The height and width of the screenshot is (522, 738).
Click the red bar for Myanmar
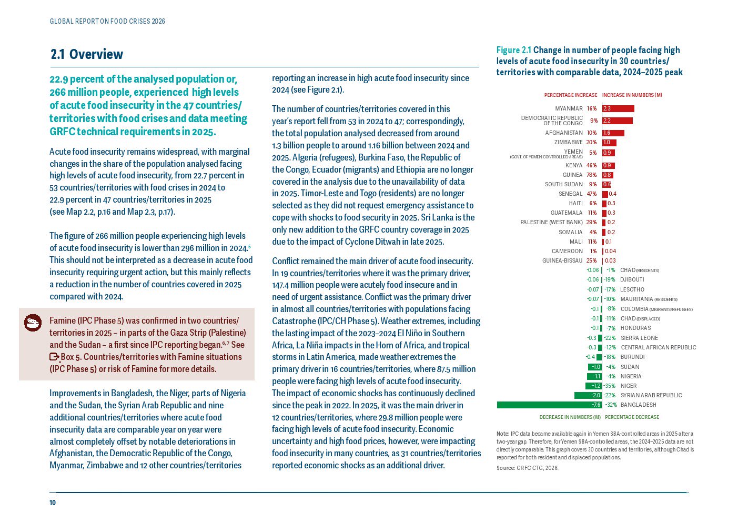pos(618,108)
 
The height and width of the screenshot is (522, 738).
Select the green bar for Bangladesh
pos(549,405)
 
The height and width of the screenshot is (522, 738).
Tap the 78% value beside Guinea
pos(591,175)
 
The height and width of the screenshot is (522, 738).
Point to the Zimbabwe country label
pos(568,143)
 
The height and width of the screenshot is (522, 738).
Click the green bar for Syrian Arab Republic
pos(588,395)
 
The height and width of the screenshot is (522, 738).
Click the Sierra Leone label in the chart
pos(639,338)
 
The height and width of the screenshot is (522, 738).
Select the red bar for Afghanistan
pos(613,133)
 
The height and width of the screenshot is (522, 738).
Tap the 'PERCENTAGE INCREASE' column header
pos(571,95)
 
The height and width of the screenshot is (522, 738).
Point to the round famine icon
pos(33,323)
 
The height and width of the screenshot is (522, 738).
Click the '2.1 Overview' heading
pos(87,54)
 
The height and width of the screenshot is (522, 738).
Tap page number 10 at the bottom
pos(53,503)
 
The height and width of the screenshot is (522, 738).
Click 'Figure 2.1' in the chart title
pos(513,50)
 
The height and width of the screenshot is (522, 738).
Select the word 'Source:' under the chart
pos(506,468)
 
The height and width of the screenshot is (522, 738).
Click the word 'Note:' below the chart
pos(503,434)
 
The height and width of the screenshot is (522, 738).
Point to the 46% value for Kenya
pos(591,165)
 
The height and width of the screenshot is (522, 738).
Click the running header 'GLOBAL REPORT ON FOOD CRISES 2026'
pos(107,22)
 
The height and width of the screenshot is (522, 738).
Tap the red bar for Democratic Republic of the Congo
pos(618,121)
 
